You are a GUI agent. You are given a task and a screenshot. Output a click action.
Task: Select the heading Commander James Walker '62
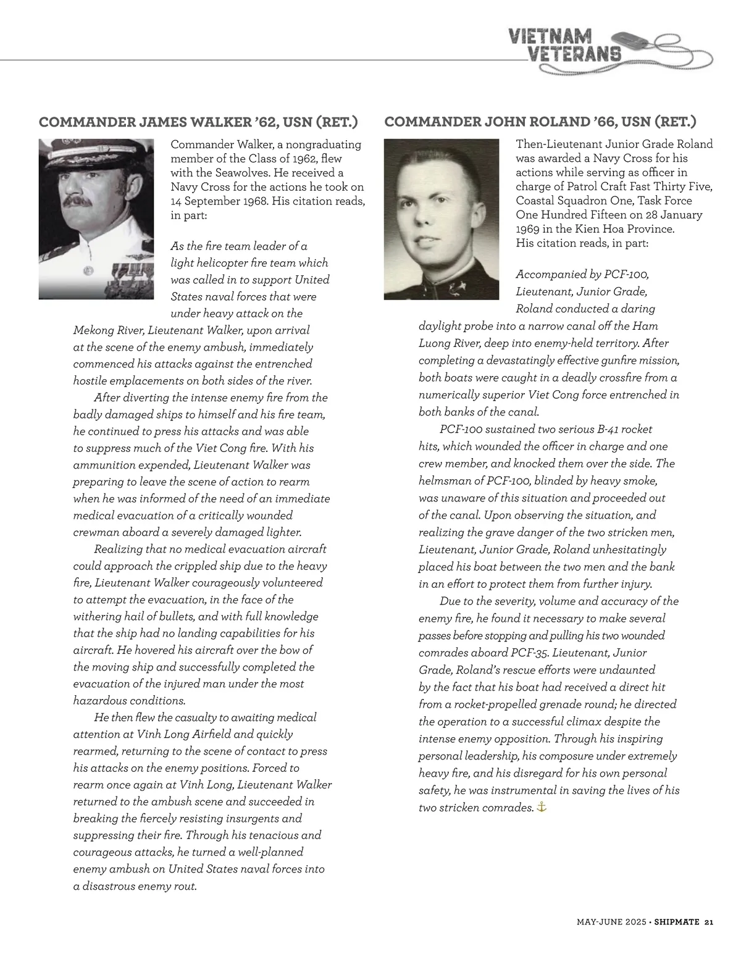click(x=198, y=122)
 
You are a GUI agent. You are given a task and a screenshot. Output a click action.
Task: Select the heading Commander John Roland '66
click(x=540, y=122)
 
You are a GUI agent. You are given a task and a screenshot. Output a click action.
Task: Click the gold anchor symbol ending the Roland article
click(x=542, y=807)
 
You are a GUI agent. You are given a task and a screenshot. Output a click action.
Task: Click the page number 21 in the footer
click(x=708, y=922)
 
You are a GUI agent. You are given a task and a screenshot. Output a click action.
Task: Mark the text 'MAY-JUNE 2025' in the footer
click(x=611, y=922)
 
